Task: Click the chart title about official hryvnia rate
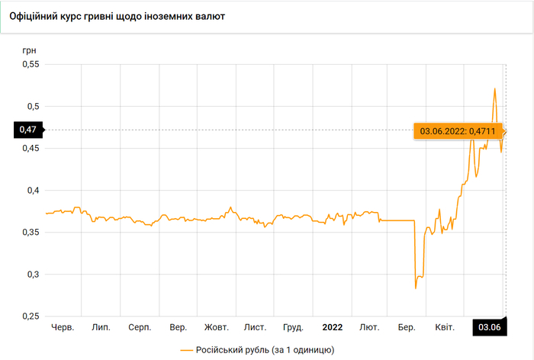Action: click(116, 16)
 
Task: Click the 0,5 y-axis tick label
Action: click(31, 106)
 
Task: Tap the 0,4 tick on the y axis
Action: click(31, 190)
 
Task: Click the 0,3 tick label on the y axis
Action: click(31, 274)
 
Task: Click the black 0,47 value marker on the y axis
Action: click(28, 130)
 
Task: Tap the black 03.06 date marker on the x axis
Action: click(489, 327)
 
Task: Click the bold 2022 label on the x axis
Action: click(332, 327)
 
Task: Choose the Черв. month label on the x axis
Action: click(62, 327)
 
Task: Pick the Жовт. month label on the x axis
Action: click(217, 327)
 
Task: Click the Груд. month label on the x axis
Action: click(293, 327)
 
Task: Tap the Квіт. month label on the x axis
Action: click(444, 327)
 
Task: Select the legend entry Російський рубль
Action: click(256, 349)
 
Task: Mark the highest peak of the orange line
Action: click(495, 89)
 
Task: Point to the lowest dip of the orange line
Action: click(416, 288)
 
